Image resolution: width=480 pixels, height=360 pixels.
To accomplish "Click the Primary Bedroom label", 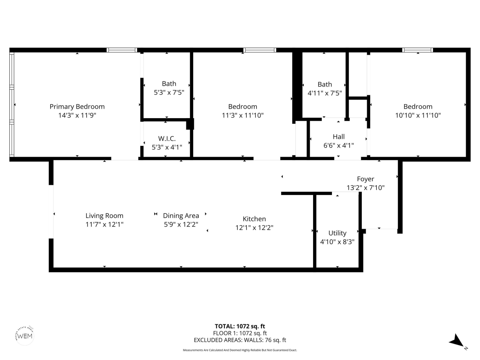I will click(77, 106).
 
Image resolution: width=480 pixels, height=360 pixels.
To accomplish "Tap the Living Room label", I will click(104, 216).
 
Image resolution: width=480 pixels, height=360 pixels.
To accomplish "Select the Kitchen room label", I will click(254, 219).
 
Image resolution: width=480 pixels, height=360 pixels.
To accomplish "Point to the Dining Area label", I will click(181, 216).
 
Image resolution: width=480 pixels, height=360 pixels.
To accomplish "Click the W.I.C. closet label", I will click(167, 138).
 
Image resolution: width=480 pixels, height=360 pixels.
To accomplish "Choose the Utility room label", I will click(337, 233).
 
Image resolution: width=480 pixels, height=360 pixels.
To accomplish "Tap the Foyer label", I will click(365, 179).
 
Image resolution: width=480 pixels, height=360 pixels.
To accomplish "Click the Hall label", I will click(339, 137).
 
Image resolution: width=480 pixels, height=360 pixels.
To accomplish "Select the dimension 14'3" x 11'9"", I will click(77, 115).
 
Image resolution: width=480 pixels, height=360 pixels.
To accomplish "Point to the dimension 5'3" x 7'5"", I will click(169, 92).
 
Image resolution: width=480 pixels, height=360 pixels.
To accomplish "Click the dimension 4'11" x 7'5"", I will click(325, 93).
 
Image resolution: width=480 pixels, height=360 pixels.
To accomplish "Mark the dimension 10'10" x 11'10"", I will click(418, 115).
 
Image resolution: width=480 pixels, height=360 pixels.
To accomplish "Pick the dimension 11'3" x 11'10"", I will click(243, 115).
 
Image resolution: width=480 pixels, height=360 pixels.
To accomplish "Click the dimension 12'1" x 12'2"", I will click(254, 228).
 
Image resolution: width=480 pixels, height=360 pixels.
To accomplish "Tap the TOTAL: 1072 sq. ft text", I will click(240, 326).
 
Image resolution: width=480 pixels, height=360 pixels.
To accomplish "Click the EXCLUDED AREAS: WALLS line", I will click(240, 340).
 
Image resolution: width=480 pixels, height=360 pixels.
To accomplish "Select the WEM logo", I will click(25, 335).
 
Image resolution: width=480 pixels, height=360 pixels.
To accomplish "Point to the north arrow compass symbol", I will click(457, 341).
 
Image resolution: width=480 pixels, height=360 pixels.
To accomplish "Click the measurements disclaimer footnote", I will click(240, 350).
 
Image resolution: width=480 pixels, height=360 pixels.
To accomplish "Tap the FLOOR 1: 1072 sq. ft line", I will click(240, 333).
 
